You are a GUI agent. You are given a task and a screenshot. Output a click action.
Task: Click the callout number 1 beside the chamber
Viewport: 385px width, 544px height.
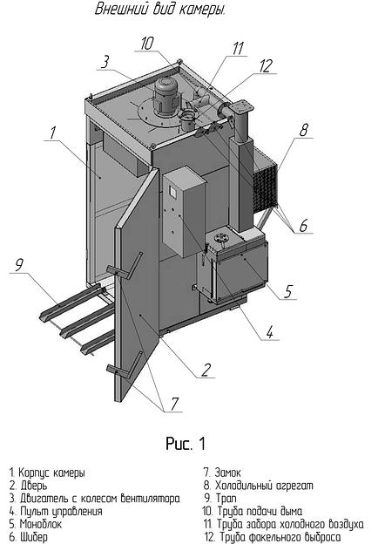point(52,133)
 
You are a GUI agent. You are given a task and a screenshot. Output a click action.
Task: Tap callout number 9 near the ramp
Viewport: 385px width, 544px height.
point(19,265)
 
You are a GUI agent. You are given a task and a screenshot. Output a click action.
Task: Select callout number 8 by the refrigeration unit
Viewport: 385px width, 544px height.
point(304,130)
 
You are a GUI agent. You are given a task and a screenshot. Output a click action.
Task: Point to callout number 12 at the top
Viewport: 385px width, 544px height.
point(266,66)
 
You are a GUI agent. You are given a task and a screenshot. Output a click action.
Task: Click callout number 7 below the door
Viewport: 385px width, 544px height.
point(174,404)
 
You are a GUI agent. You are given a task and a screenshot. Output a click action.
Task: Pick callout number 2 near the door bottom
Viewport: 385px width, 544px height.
point(206,370)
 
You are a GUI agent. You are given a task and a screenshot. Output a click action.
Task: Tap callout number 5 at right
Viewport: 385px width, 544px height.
point(288,291)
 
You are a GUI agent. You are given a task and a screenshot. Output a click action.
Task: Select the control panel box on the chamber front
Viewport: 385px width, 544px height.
point(184,212)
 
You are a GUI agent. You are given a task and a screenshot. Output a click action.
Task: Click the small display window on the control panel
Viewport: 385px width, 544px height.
point(172,192)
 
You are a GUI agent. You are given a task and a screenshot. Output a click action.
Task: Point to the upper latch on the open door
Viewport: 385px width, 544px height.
point(125,266)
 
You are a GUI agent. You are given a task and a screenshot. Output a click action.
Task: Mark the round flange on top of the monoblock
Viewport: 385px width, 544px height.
point(220,239)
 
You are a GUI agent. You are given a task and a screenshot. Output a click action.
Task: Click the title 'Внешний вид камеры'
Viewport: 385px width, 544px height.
point(160,9)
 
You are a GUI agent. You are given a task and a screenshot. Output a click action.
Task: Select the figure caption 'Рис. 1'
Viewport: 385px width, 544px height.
point(186,444)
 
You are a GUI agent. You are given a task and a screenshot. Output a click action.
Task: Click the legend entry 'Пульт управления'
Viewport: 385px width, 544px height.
point(61,512)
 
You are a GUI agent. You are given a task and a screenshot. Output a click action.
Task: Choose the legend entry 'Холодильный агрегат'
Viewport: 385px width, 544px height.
point(264,486)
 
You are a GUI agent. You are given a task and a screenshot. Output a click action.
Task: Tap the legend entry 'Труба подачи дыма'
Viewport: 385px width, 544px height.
point(260,511)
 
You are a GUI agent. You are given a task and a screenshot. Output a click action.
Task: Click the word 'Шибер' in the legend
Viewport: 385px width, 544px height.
point(34,537)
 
